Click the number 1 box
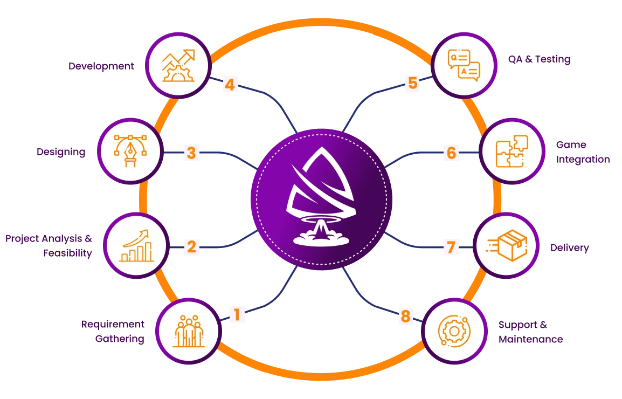click(x=236, y=314)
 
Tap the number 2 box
click(x=191, y=247)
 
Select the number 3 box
click(x=191, y=153)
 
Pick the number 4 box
click(x=230, y=85)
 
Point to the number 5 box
click(x=413, y=84)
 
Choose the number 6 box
click(x=451, y=153)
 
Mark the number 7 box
click(x=451, y=247)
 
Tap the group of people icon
click(x=189, y=331)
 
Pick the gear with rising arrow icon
click(x=178, y=65)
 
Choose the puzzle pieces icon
click(x=512, y=151)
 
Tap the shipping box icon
click(x=507, y=245)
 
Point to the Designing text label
click(x=61, y=152)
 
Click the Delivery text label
click(x=569, y=247)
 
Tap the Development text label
click(x=102, y=66)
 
